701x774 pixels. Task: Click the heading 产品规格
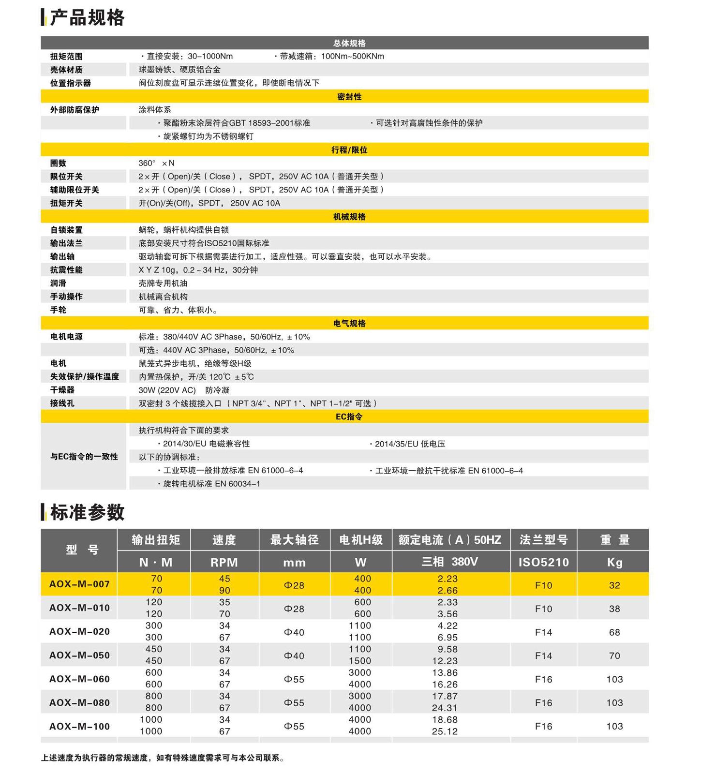point(87,18)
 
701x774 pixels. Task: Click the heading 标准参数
point(87,512)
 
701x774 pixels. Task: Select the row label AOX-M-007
point(79,584)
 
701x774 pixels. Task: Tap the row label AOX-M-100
point(79,726)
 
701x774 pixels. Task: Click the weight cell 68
point(614,632)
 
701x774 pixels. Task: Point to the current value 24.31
point(445,708)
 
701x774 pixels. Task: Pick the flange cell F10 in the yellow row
point(543,585)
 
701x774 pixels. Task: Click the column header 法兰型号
point(543,540)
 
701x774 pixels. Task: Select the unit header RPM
point(224,562)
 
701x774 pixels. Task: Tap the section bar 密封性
point(349,97)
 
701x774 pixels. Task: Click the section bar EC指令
point(349,417)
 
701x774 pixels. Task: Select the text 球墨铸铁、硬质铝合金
point(179,70)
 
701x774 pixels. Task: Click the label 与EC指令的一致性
point(84,457)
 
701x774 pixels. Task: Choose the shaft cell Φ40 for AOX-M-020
point(294,632)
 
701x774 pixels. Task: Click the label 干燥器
point(62,390)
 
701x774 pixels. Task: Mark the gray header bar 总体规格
point(349,43)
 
